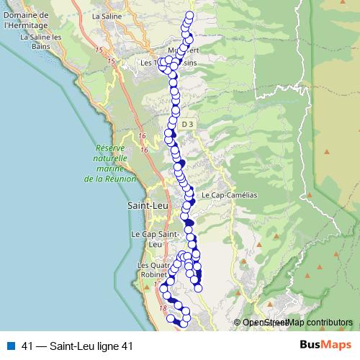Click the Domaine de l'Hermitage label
pyautogui.click(x=25, y=19)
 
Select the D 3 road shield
pyautogui.click(x=188, y=124)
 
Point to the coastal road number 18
pyautogui.click(x=163, y=308)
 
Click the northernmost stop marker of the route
pyautogui.click(x=190, y=15)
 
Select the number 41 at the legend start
pyautogui.click(x=27, y=345)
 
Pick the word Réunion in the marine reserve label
pyautogui.click(x=111, y=179)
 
